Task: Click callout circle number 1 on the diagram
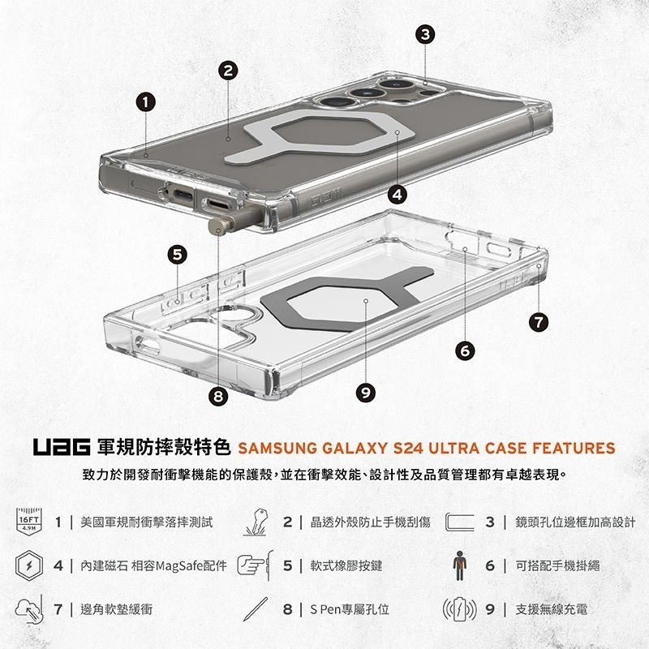[x=145, y=102]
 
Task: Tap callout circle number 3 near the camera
[x=425, y=35]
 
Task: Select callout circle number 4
[x=397, y=194]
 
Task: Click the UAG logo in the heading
[x=62, y=448]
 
